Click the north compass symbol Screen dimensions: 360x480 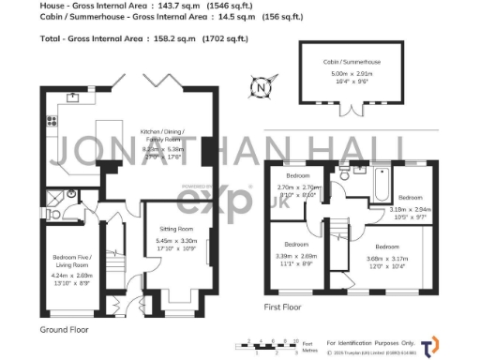click(259, 90)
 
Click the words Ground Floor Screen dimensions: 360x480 click(64, 331)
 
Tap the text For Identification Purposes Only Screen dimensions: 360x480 click(370, 341)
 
